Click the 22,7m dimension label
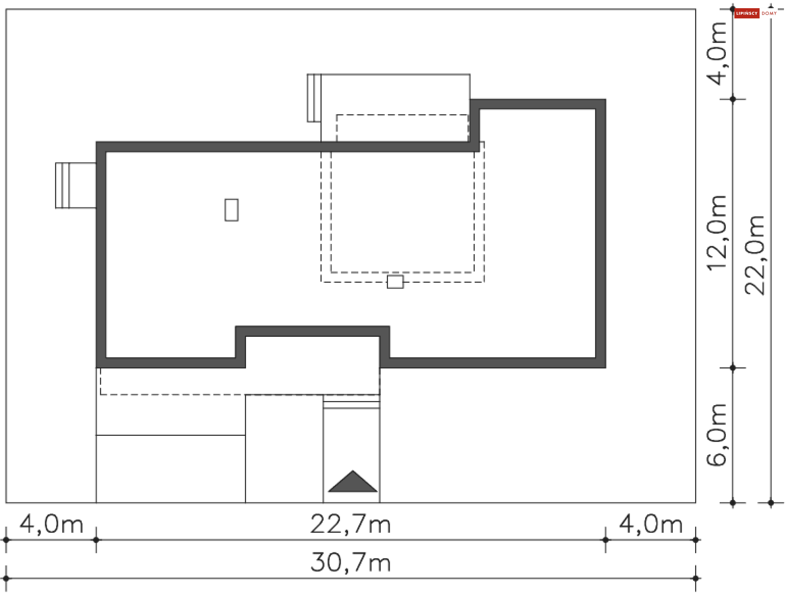tap(350, 524)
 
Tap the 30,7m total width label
tap(350, 563)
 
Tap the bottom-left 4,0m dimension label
tap(51, 524)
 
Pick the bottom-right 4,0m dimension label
tap(650, 524)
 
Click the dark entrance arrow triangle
tap(352, 482)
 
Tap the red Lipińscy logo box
tap(746, 14)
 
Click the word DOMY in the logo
tap(769, 14)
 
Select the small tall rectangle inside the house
tap(231, 210)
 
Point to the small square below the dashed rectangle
tap(395, 282)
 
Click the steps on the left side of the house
tap(63, 185)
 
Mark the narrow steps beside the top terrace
tap(314, 98)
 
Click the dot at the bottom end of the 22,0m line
tap(771, 503)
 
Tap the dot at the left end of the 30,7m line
tap(6, 578)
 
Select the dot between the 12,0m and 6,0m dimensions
tap(733, 368)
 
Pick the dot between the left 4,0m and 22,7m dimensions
tap(96, 540)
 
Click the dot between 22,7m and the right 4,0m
tap(605, 540)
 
